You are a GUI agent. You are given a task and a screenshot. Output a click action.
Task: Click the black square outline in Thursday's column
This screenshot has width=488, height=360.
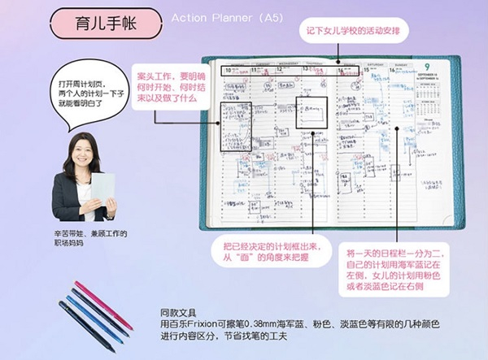coord(311,114)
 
